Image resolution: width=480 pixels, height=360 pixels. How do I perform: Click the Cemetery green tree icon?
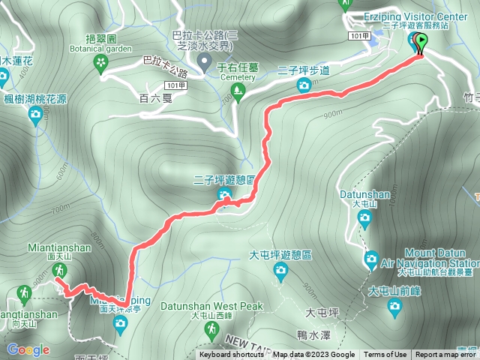tap(238, 91)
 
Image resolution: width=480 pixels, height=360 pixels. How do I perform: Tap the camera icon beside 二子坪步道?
tap(304, 85)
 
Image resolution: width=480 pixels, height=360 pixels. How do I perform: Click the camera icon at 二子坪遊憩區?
tap(224, 196)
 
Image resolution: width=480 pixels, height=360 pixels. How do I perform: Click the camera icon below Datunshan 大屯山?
tap(364, 218)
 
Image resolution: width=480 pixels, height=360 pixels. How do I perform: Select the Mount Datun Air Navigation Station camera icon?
tap(370, 259)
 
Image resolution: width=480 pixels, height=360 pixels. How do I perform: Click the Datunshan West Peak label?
tap(228, 306)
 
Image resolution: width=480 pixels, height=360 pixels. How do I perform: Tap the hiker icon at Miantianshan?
tap(58, 266)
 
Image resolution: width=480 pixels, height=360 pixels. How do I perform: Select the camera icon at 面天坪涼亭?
tap(119, 323)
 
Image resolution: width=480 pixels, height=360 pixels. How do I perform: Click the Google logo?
tap(28, 349)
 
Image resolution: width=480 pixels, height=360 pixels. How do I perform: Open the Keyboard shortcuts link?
tap(232, 355)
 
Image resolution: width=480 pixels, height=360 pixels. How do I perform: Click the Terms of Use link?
tap(385, 355)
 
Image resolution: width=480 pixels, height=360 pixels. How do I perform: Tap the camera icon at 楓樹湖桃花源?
tap(34, 114)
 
